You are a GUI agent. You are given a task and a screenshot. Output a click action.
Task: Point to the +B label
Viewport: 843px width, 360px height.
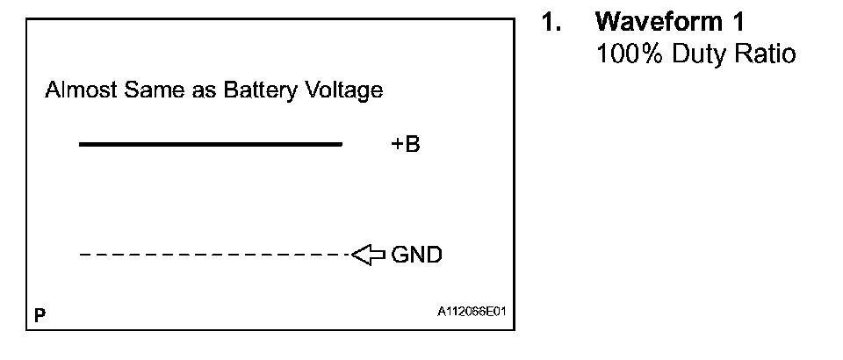pyautogui.click(x=406, y=145)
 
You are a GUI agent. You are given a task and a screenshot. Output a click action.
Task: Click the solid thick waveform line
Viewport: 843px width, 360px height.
pyautogui.click(x=210, y=144)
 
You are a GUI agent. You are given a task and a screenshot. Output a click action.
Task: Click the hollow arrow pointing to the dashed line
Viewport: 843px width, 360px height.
pyautogui.click(x=368, y=256)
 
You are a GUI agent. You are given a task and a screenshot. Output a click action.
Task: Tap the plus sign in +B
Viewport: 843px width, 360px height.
pyautogui.click(x=397, y=145)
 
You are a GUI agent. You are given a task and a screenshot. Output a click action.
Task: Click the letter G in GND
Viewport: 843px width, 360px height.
pyautogui.click(x=400, y=256)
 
